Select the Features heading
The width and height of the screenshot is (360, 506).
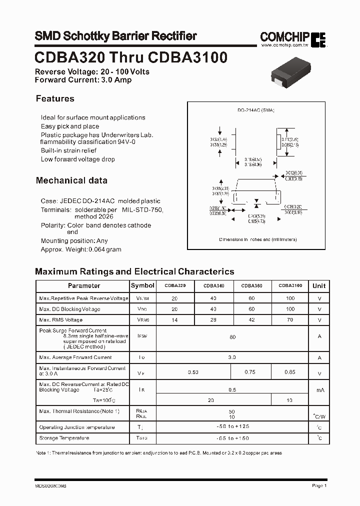(55, 98)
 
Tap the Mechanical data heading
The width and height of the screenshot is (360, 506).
(71, 180)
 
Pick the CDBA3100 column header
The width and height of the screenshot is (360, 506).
(289, 286)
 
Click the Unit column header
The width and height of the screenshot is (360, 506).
(319, 286)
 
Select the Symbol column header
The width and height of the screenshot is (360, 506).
(142, 285)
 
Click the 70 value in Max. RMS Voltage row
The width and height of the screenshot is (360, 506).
(290, 320)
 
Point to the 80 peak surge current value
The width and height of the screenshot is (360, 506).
(232, 337)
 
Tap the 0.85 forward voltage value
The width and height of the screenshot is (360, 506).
(290, 372)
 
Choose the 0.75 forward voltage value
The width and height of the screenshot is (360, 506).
(250, 372)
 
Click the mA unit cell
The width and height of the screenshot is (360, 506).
(319, 389)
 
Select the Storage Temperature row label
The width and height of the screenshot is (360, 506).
(64, 438)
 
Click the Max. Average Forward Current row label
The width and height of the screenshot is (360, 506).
(75, 357)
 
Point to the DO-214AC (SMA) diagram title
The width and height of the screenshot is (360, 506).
(255, 110)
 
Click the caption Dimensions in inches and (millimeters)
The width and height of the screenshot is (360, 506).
(257, 239)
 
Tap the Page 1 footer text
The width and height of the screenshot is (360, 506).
(319, 485)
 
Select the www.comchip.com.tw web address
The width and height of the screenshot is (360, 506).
(283, 45)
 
